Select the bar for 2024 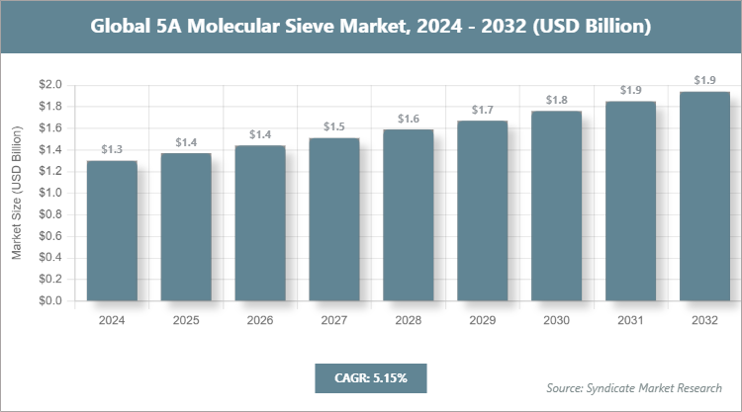(x=112, y=231)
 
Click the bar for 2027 (x=334, y=219)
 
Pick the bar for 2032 (x=704, y=197)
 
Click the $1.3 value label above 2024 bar (x=112, y=150)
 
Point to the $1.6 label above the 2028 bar (x=409, y=119)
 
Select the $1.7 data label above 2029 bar (x=483, y=110)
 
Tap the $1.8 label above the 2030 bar (x=557, y=100)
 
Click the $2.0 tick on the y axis (x=50, y=86)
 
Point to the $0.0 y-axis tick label (x=50, y=301)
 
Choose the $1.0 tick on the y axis (x=50, y=194)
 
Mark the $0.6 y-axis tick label (x=50, y=237)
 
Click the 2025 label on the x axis (x=186, y=320)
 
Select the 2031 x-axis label (x=630, y=320)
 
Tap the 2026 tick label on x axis (x=260, y=320)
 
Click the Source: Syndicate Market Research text (x=634, y=386)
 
